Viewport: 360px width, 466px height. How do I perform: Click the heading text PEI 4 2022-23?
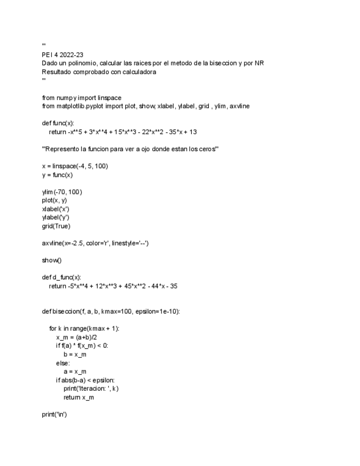click(x=63, y=55)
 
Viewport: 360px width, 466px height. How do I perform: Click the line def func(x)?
click(x=58, y=123)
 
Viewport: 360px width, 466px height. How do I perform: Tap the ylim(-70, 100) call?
click(x=62, y=192)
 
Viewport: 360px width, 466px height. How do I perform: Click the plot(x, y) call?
click(x=54, y=201)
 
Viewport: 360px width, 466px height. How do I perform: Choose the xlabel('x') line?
click(x=56, y=209)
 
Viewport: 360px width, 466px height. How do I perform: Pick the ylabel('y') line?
click(x=56, y=218)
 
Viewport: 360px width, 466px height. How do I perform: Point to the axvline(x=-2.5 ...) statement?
click(x=95, y=243)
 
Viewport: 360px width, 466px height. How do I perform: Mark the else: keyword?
click(x=63, y=363)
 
